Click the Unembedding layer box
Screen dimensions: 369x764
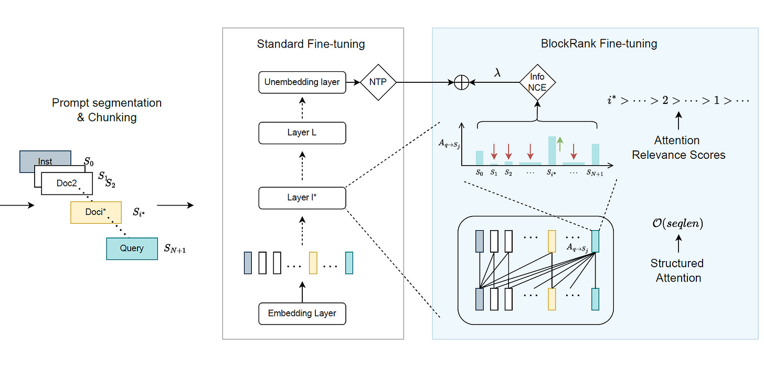coord(302,82)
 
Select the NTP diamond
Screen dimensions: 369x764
coord(378,82)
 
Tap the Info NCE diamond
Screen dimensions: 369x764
coord(537,82)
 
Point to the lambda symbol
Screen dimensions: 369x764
coord(497,73)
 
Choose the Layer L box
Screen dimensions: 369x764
coord(302,133)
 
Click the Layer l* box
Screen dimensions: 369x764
coord(302,198)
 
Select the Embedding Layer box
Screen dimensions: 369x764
coord(302,313)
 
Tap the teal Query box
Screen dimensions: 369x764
coord(132,248)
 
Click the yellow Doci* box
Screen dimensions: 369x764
coord(96,212)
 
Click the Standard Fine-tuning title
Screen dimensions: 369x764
coord(311,44)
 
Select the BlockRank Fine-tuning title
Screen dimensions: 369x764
coord(599,44)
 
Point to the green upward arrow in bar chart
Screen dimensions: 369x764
coord(560,143)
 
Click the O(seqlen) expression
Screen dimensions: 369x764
coord(678,224)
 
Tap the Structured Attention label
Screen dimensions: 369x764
coord(677,270)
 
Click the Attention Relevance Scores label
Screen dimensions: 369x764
coord(678,148)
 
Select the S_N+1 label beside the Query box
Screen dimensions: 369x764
coord(175,248)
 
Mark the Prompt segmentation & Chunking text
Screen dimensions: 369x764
coord(107,110)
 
